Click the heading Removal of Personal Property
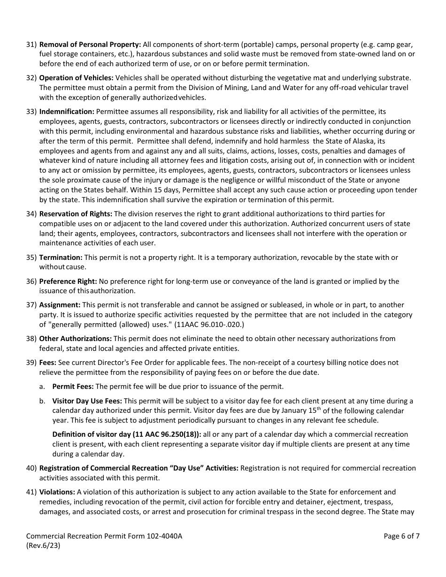point(90,45)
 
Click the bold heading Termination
point(61,257)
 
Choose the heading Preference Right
point(68,281)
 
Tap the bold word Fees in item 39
point(47,362)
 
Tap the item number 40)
point(31,468)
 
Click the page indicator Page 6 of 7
point(401,536)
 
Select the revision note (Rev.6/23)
point(43,546)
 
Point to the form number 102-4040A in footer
point(162,536)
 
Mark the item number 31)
point(31,45)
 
